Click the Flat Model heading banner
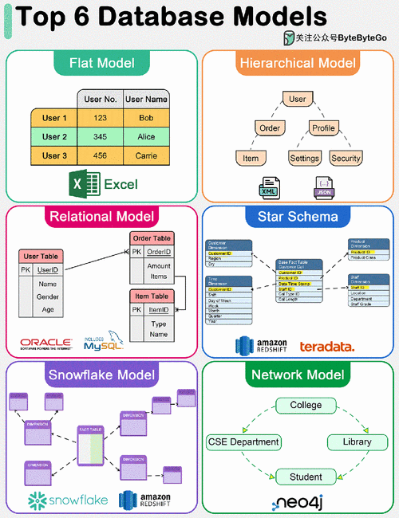click(x=101, y=63)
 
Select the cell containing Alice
click(x=145, y=136)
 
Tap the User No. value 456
click(x=100, y=155)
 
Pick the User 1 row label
click(x=54, y=118)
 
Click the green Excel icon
click(x=78, y=184)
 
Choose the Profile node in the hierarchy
click(x=323, y=128)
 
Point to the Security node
click(x=346, y=158)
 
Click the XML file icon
click(x=270, y=187)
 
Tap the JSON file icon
click(x=324, y=187)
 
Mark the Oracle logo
click(x=46, y=345)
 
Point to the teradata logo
click(x=326, y=346)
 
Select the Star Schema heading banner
click(x=298, y=217)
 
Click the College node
click(x=306, y=405)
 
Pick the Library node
click(x=357, y=441)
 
